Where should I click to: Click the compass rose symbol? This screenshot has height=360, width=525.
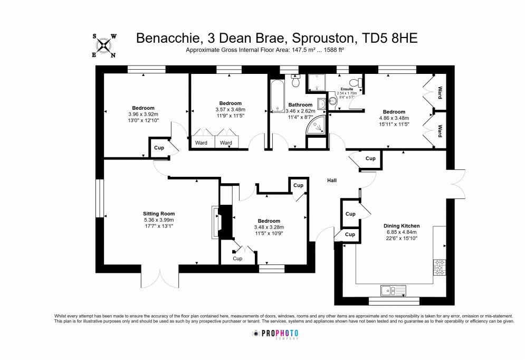tap(104, 45)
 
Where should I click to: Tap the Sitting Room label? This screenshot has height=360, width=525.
tap(159, 214)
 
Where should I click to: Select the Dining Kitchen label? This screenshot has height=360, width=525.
tap(402, 226)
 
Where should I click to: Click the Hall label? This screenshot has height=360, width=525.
tap(332, 181)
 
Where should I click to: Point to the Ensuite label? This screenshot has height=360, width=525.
tap(347, 89)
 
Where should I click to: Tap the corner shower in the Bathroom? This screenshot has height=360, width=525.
tap(316, 125)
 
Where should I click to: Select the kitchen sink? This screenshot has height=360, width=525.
tap(393, 290)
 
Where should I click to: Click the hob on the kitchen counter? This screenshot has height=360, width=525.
tap(440, 267)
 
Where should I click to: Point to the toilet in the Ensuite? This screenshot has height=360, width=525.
tap(355, 82)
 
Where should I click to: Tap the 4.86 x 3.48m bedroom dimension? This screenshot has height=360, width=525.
tap(394, 118)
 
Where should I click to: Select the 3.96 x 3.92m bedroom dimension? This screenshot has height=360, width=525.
tap(144, 114)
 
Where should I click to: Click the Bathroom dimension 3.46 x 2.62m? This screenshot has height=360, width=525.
tap(300, 111)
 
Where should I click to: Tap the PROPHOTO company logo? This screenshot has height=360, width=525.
tap(275, 334)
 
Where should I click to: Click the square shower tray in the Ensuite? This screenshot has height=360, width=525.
tap(316, 82)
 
